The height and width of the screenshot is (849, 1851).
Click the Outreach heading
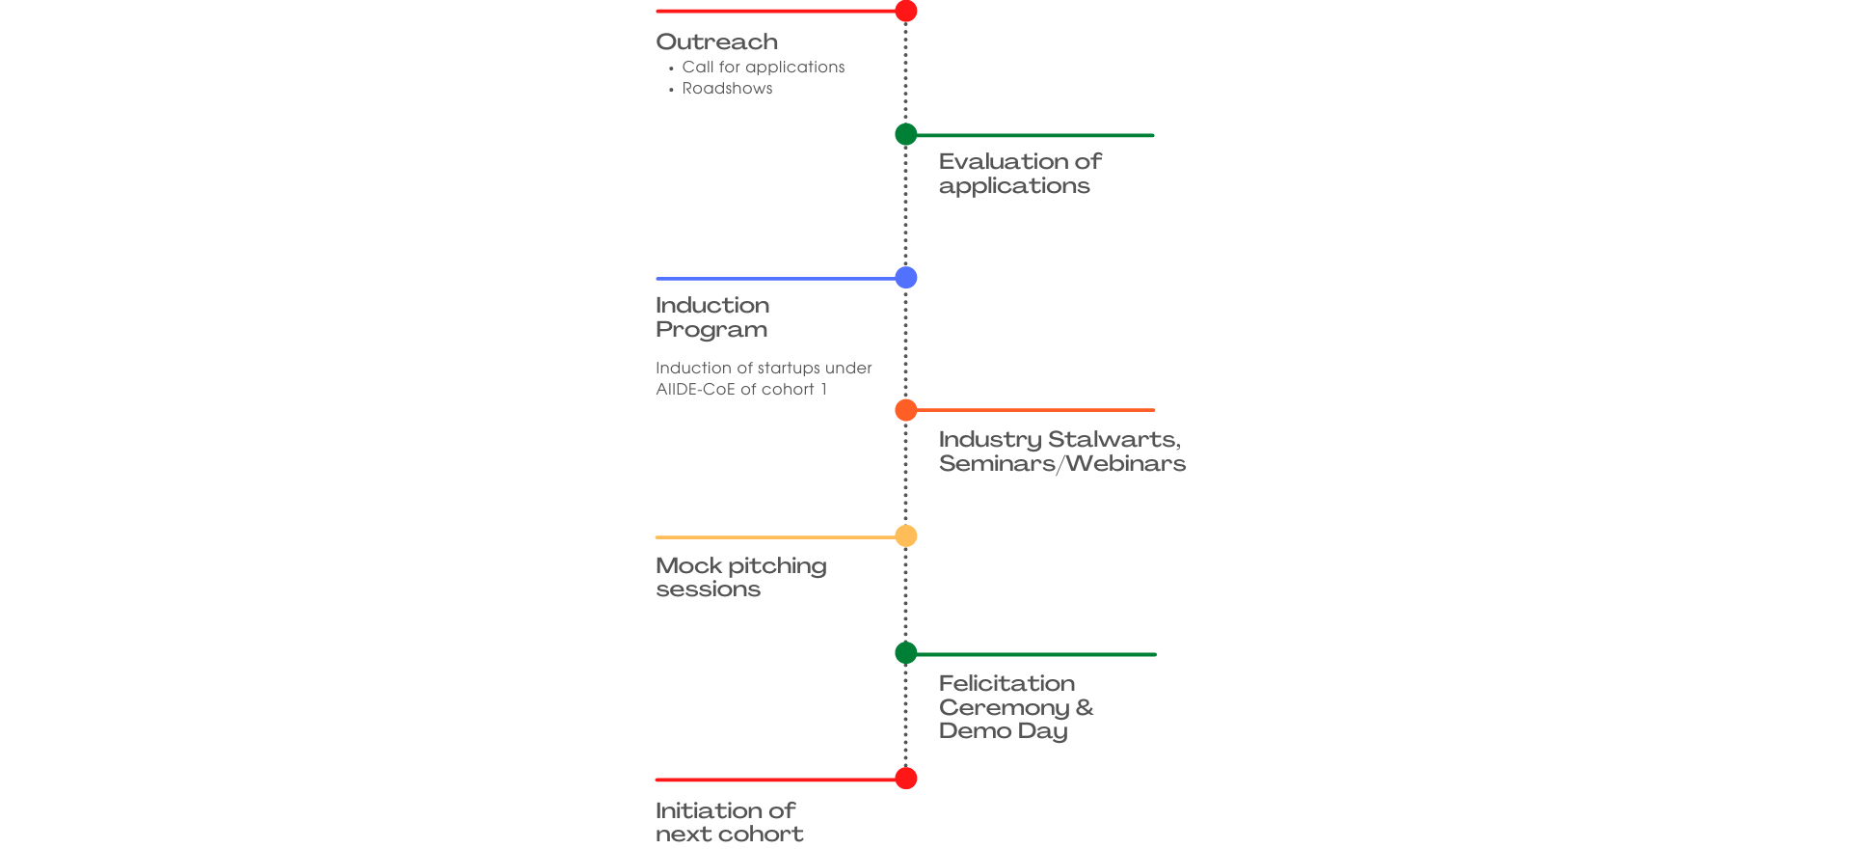(716, 42)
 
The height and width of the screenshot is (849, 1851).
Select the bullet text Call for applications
(764, 68)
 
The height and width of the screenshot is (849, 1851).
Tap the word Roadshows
(727, 89)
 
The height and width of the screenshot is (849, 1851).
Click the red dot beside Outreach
(906, 11)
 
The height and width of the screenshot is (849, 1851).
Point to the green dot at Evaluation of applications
(906, 134)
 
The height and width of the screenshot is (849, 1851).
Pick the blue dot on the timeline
(906, 278)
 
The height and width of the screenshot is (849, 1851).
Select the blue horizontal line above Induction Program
(776, 279)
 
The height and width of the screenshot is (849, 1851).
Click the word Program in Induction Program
(711, 330)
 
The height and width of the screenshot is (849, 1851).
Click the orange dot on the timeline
(906, 410)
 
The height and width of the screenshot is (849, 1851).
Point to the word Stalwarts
(1114, 440)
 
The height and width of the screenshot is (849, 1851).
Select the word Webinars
(1126, 464)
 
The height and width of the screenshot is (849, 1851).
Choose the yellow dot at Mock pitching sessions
(906, 535)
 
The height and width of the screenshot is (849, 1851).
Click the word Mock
(689, 565)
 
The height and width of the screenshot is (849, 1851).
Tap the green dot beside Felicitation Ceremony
(906, 653)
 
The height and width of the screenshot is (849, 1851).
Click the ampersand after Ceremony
(1085, 707)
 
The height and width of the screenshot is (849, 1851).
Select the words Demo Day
(1004, 731)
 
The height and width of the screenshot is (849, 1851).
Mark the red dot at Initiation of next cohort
(906, 779)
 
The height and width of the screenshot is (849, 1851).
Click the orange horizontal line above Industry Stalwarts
(1035, 410)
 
